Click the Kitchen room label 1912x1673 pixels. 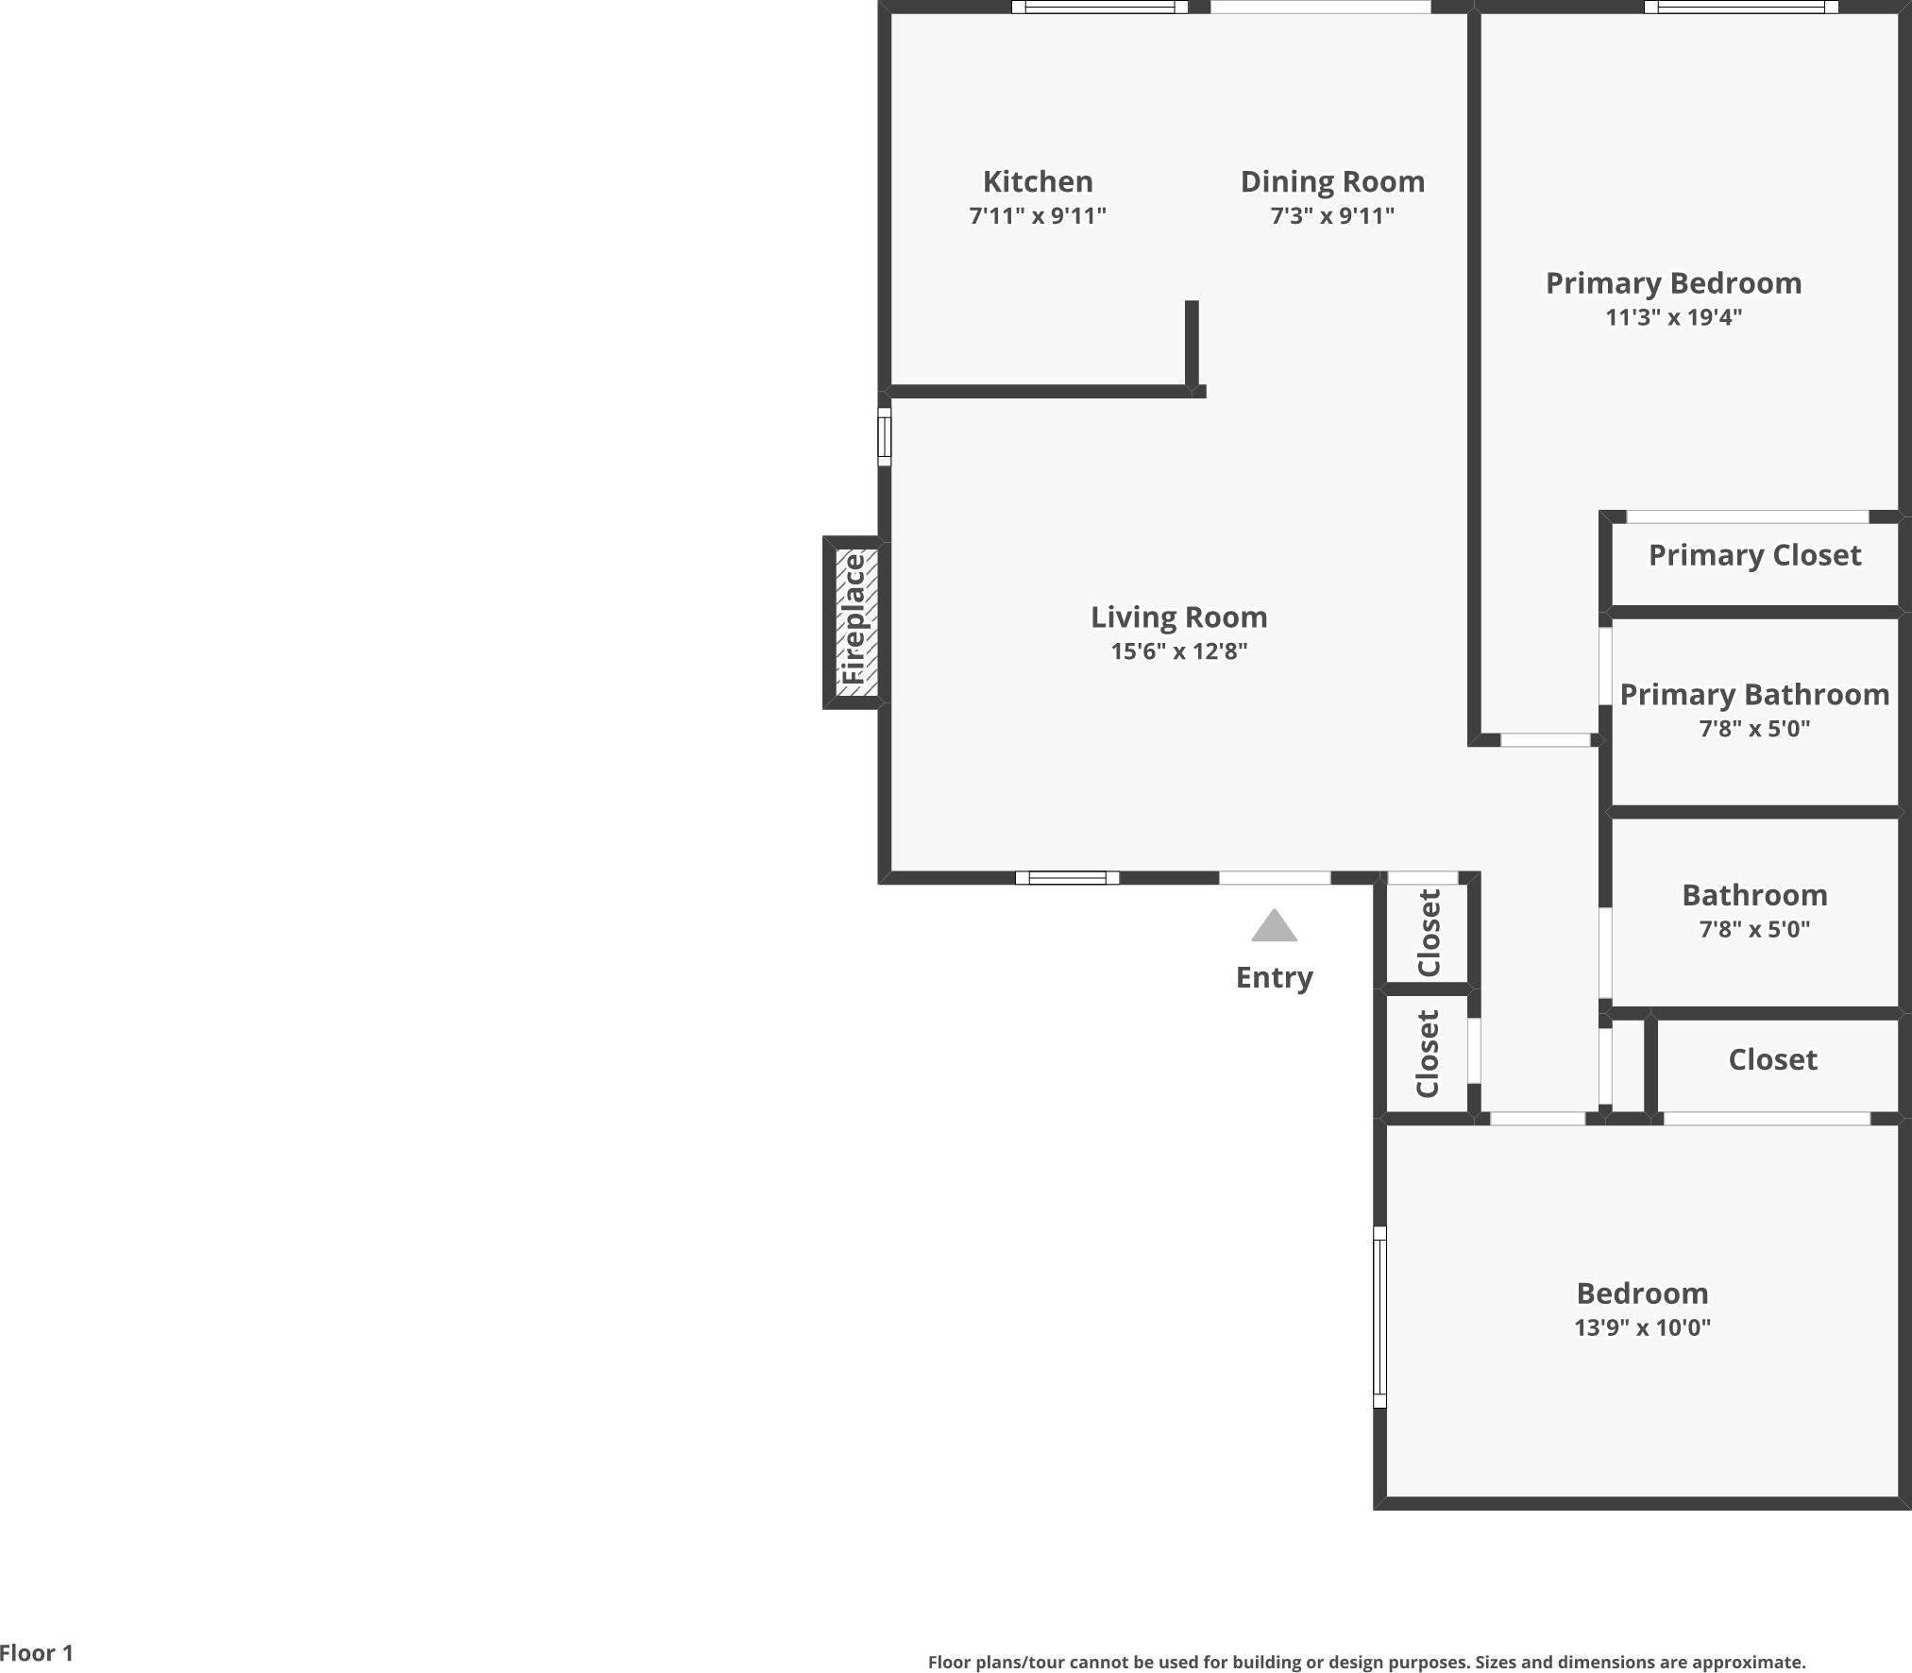click(x=1037, y=181)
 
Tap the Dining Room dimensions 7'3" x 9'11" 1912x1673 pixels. click(x=1331, y=216)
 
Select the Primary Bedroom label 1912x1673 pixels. click(x=1672, y=283)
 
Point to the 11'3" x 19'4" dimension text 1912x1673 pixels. click(x=1672, y=317)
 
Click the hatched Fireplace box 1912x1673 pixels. click(x=856, y=621)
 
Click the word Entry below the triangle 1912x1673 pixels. click(x=1274, y=977)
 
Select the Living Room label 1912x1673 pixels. click(x=1178, y=617)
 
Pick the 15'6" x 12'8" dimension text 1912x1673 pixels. click(x=1178, y=651)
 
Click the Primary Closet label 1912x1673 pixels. click(x=1754, y=555)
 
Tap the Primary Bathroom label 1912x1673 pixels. click(x=1754, y=695)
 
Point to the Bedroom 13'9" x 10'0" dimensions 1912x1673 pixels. click(x=1641, y=1327)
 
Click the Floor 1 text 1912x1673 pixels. click(x=36, y=1653)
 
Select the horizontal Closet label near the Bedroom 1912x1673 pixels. click(x=1771, y=1059)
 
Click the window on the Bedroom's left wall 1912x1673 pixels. click(x=1379, y=1316)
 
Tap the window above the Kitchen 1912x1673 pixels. click(x=1099, y=8)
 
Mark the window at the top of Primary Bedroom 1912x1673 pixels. click(x=1740, y=8)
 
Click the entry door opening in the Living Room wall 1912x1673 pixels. click(x=1274, y=878)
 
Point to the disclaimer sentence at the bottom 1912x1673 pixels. click(x=1365, y=1663)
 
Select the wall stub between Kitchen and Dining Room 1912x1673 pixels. click(x=1192, y=344)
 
